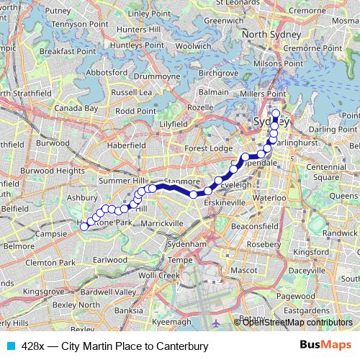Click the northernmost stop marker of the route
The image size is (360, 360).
click(x=275, y=112)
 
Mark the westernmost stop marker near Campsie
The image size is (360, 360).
click(x=84, y=226)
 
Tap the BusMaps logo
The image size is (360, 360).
click(x=325, y=346)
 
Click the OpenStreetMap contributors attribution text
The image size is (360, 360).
click(x=297, y=322)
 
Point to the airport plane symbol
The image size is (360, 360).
click(x=217, y=322)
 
